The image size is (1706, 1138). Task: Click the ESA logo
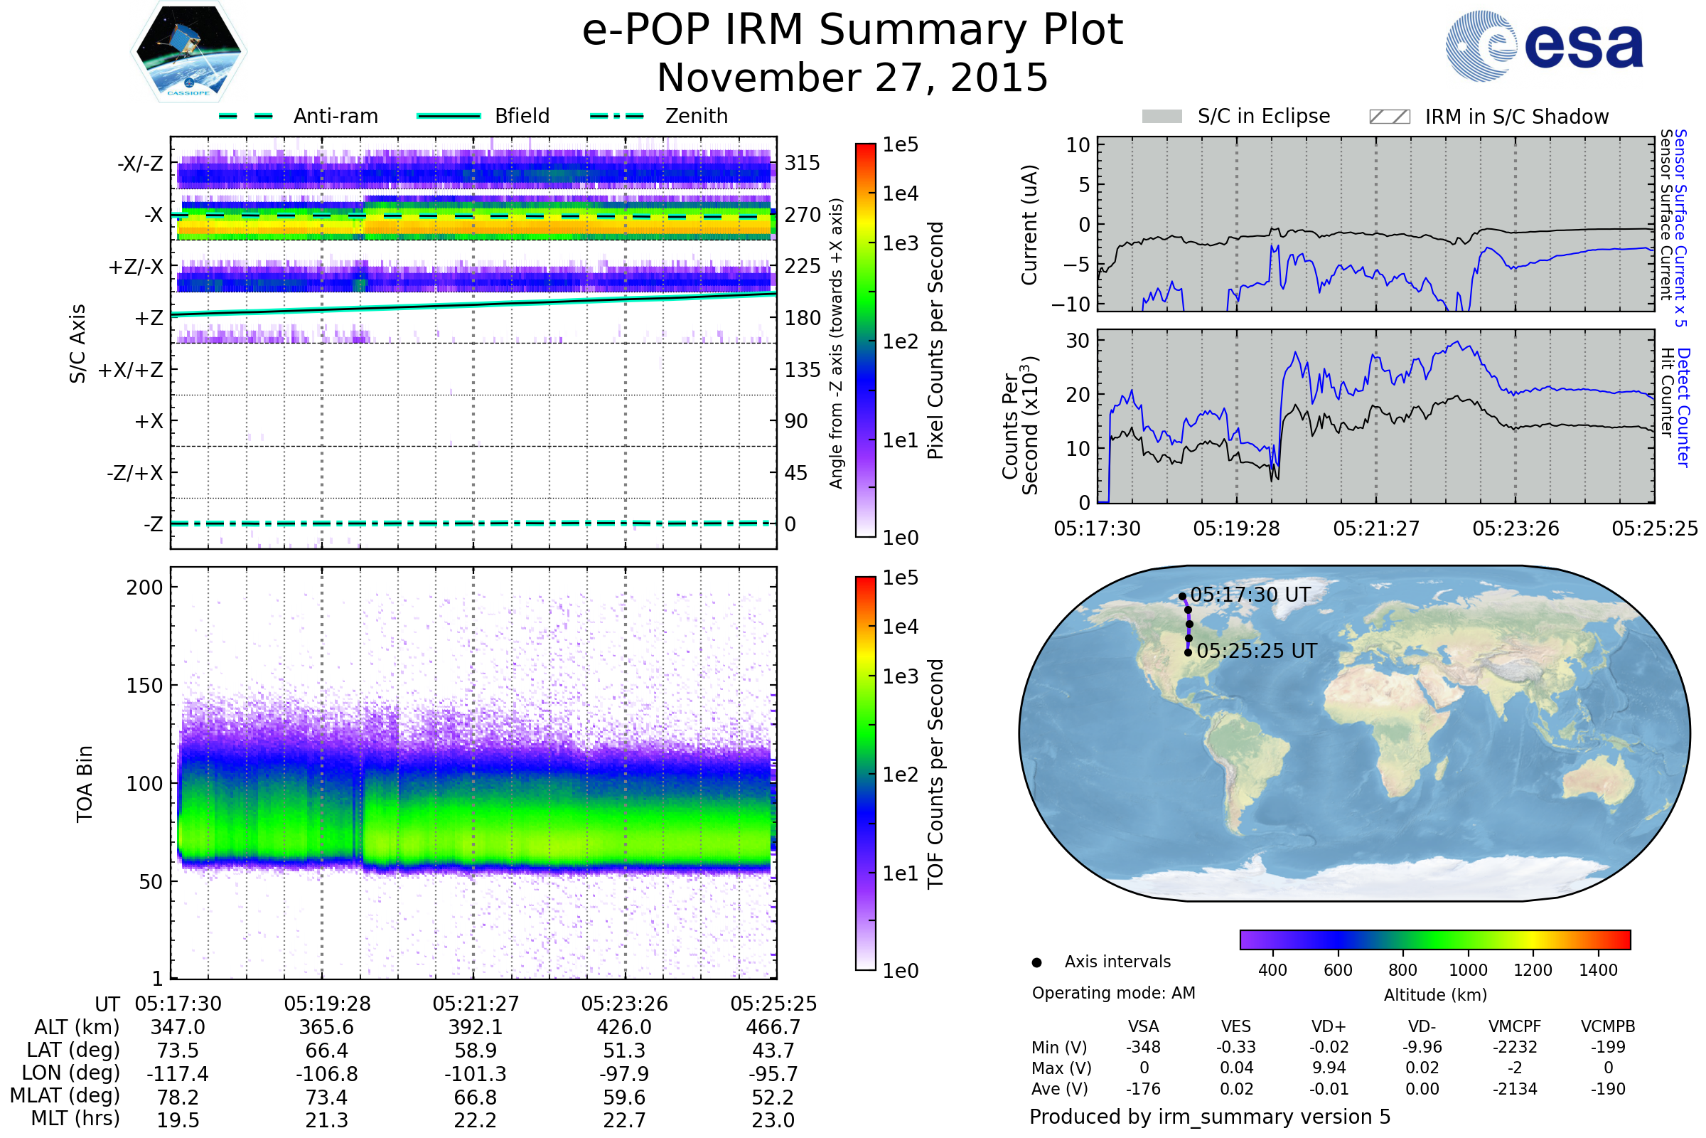[1544, 45]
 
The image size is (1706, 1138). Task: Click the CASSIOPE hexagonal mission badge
[188, 51]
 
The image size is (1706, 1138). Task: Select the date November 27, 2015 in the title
[852, 78]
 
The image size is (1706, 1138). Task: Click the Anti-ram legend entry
[335, 116]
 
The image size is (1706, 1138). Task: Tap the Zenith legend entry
[697, 116]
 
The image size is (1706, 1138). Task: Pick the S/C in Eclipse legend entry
[1264, 116]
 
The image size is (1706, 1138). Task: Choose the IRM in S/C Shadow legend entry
[1516, 117]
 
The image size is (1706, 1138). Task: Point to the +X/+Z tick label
[131, 370]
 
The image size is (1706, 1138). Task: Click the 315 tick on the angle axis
[803, 163]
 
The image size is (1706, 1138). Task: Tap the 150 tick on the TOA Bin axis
[144, 686]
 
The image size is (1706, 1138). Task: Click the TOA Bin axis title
[84, 784]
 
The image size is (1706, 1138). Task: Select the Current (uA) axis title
[1029, 225]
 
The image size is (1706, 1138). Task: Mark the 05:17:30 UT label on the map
[1250, 595]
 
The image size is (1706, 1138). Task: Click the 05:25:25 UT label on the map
[1256, 651]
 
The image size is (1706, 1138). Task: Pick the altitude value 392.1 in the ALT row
[475, 1028]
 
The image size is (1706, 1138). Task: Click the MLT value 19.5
[178, 1120]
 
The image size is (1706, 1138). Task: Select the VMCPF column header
[1515, 1026]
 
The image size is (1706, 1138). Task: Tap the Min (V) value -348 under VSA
[1143, 1047]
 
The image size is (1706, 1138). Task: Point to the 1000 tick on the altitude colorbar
[1467, 970]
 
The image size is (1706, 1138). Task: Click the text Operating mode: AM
[1113, 993]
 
